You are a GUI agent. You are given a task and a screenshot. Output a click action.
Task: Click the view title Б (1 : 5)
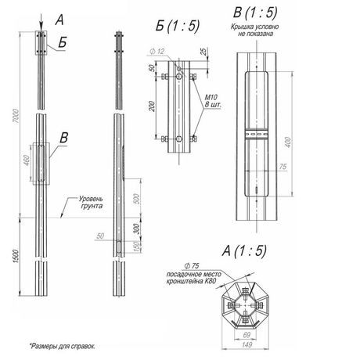point(178,26)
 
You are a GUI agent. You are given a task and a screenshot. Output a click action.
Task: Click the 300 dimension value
point(139,229)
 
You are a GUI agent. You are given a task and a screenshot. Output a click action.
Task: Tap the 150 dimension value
point(139,247)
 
